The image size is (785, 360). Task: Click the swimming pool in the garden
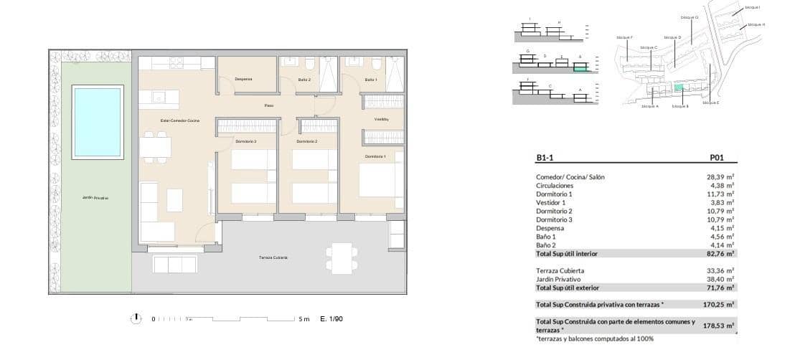pos(98,120)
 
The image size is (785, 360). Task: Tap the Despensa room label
pos(243,79)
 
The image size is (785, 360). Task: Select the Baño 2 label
pos(304,80)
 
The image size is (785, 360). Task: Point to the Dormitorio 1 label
pos(375,156)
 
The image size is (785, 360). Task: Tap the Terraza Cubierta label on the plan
pos(273,257)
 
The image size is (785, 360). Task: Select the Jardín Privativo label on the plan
pos(95,197)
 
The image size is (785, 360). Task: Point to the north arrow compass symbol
pos(136,318)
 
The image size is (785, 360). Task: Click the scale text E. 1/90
pos(332,319)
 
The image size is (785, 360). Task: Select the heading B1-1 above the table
pos(546,160)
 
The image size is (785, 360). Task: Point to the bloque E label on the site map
pos(710,103)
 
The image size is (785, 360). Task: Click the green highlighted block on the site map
pos(679,87)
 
